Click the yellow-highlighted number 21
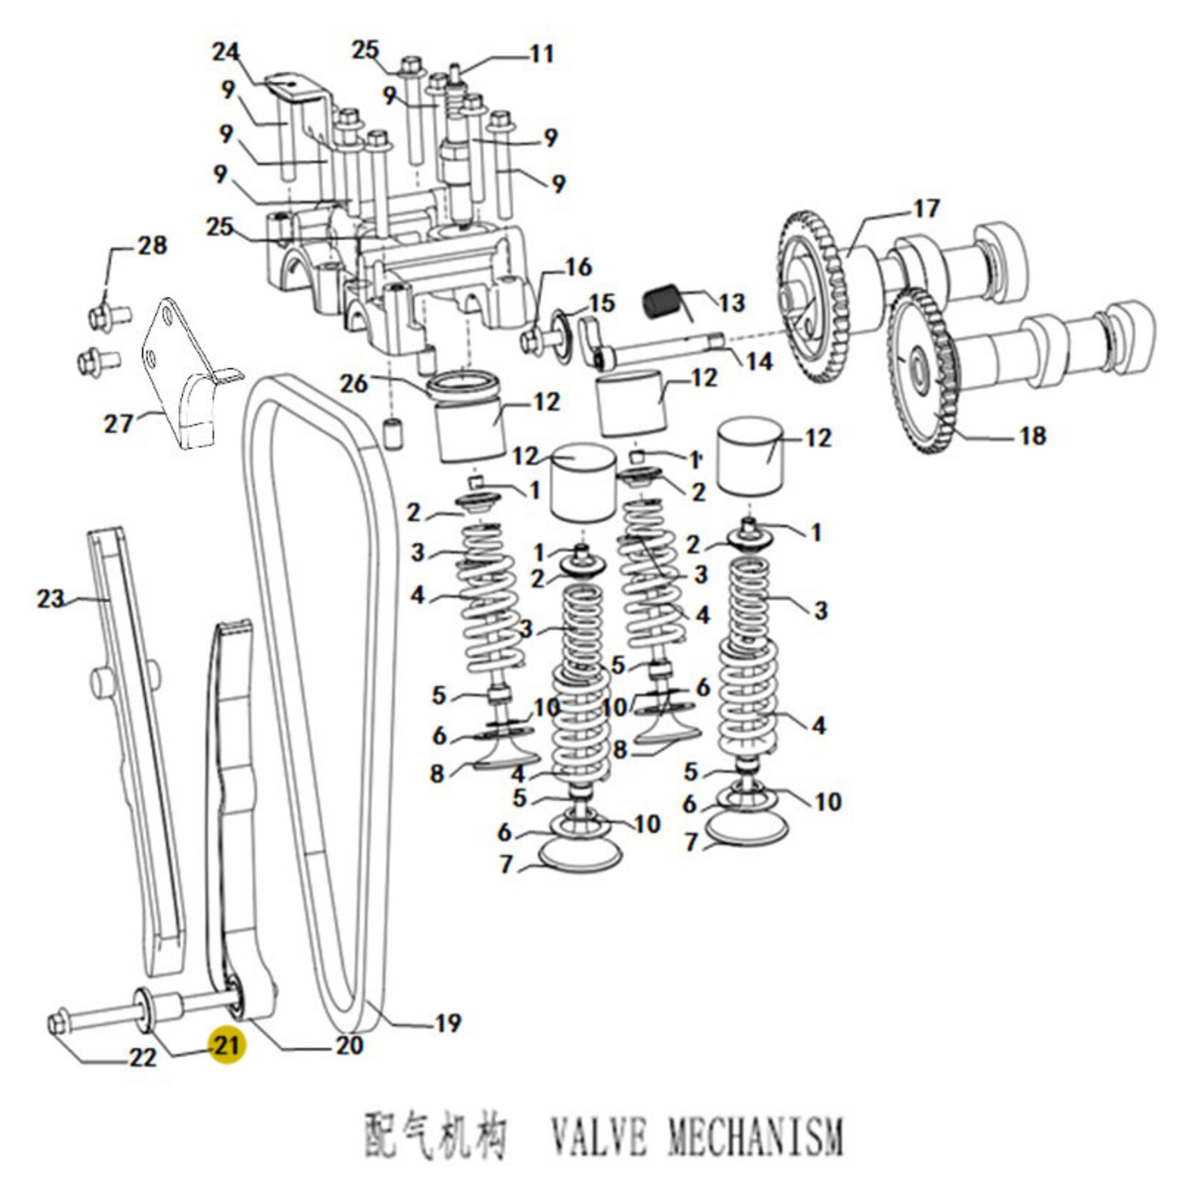[226, 1046]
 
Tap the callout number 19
[447, 1023]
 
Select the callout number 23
[51, 598]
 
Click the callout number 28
[152, 246]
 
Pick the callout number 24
[226, 52]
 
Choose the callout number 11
[541, 54]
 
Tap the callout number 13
[731, 303]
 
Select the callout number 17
[926, 209]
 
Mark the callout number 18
[1033, 435]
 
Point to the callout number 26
[353, 384]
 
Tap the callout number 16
[578, 267]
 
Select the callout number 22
[143, 1058]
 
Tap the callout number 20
[350, 1046]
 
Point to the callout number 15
[602, 303]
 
